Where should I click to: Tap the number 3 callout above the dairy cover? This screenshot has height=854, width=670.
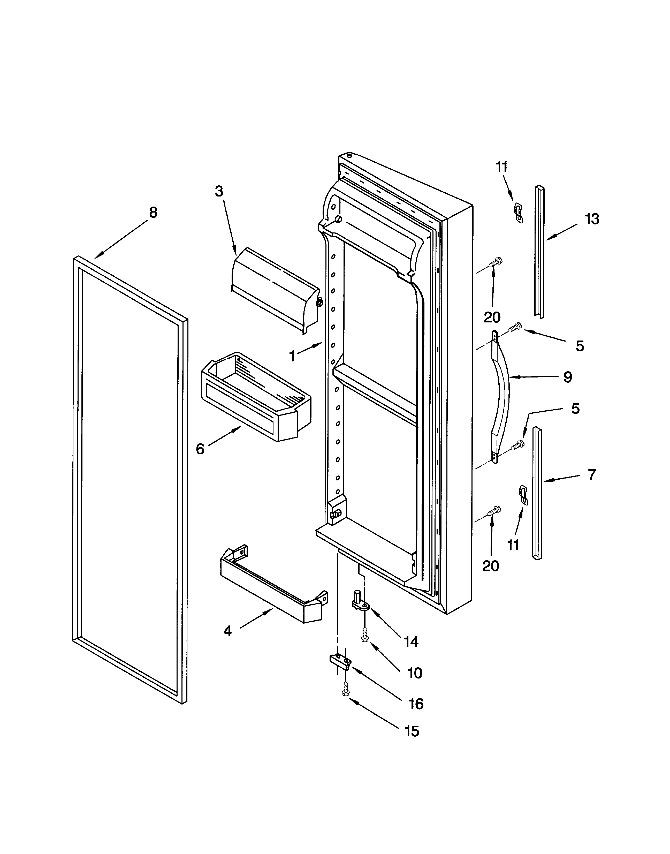click(x=219, y=191)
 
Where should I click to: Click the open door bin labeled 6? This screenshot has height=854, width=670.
click(x=255, y=396)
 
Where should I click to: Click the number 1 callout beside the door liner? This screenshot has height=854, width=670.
click(x=292, y=356)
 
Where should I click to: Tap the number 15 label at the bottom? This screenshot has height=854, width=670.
click(x=412, y=731)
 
